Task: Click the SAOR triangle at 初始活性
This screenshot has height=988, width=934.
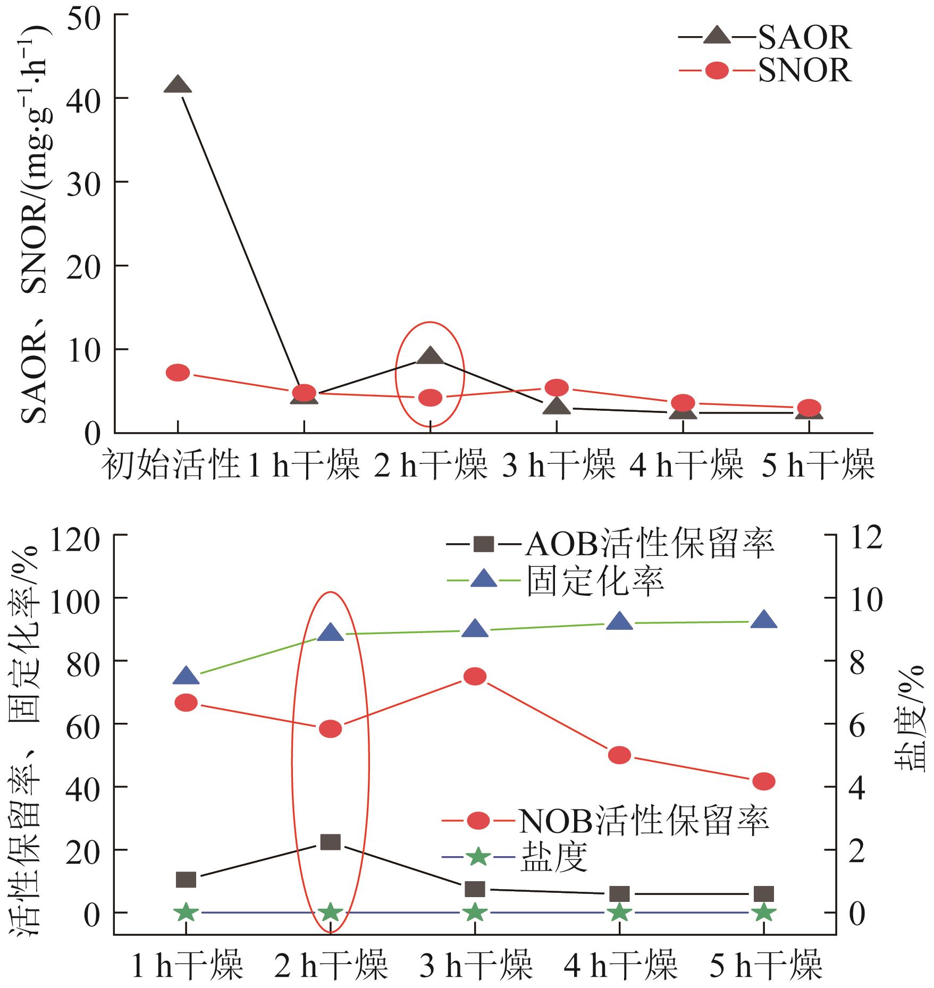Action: click(x=178, y=85)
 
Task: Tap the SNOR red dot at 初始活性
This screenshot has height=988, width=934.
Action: click(x=178, y=373)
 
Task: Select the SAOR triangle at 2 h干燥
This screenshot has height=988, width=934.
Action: click(x=430, y=356)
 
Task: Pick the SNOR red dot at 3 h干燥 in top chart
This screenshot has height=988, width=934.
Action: click(x=557, y=387)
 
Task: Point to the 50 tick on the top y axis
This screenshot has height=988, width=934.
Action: click(x=83, y=15)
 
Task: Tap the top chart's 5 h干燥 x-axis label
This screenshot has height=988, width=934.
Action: click(x=818, y=465)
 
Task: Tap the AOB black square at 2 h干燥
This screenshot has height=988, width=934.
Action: click(x=331, y=842)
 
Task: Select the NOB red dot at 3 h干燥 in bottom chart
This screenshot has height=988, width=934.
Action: click(x=475, y=677)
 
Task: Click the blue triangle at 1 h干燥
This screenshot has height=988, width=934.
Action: click(x=186, y=676)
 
